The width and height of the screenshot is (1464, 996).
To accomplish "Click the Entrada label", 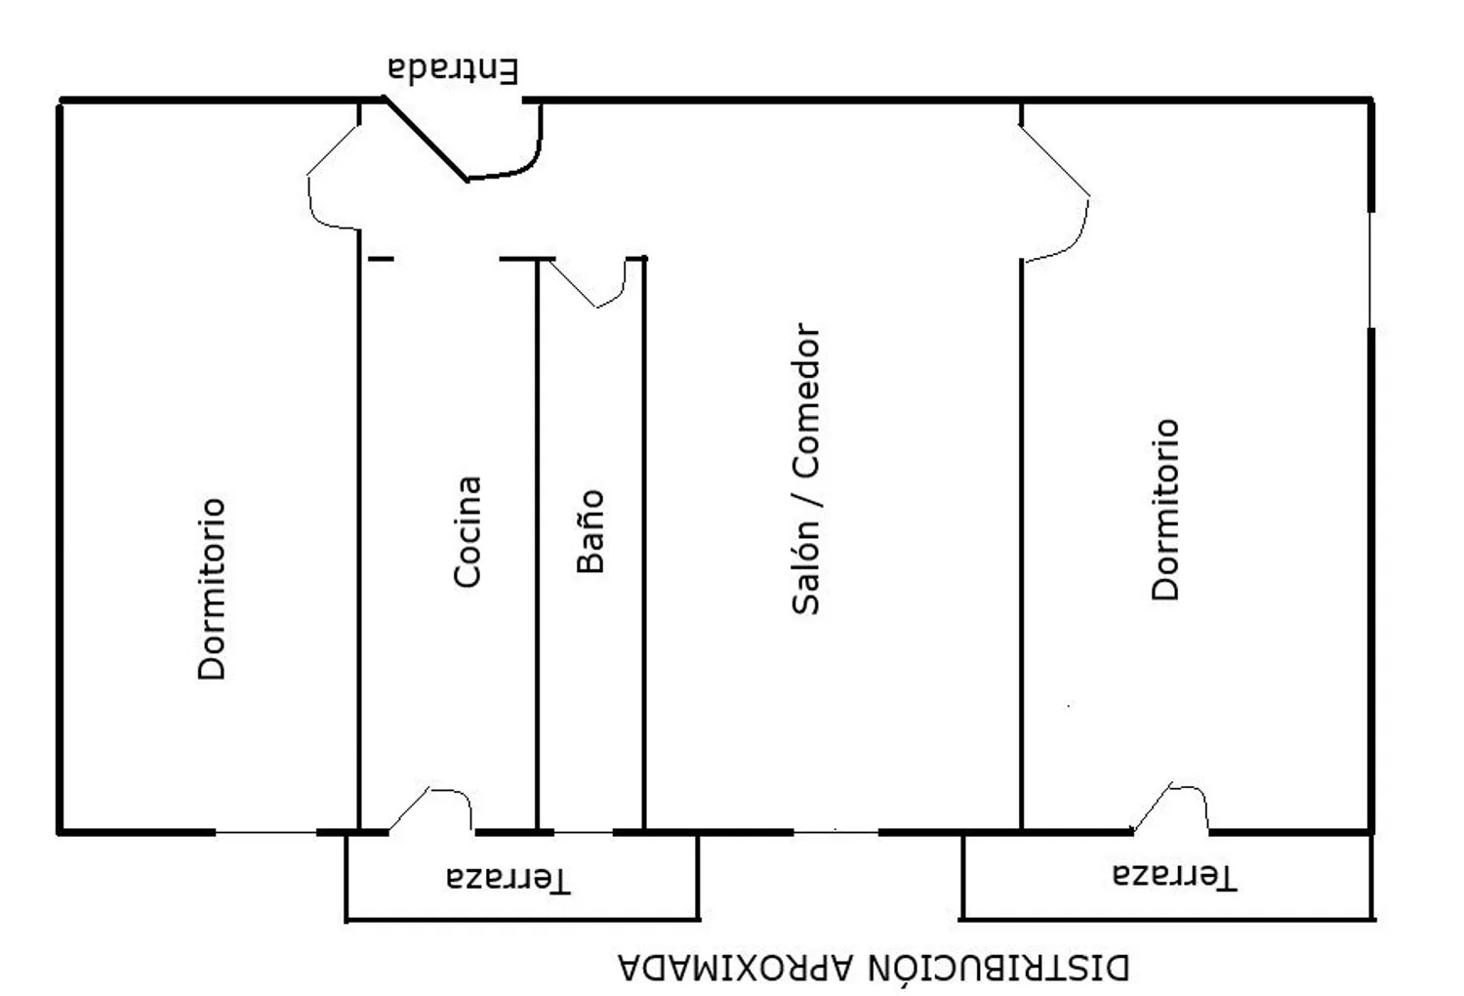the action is (453, 70).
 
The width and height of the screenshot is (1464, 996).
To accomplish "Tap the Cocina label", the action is (468, 531).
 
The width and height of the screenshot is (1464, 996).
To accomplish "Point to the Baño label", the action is (590, 531).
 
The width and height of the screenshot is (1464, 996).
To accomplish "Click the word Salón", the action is (805, 566).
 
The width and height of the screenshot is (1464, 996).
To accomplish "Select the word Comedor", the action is (805, 400).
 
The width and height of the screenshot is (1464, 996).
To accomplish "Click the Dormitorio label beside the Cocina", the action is (212, 589).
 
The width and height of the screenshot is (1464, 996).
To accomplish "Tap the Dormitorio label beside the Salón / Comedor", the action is (1165, 510).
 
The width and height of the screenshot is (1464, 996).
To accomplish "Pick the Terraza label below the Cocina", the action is (508, 878).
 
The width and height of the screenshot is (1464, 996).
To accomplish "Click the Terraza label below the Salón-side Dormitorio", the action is (1174, 876).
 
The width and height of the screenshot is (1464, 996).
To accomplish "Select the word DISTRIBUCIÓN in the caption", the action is (999, 967).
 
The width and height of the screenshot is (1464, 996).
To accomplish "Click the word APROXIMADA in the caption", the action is (736, 968).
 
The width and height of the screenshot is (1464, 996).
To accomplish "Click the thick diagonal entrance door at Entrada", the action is (427, 139).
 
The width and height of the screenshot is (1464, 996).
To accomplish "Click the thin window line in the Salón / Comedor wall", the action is (835, 833).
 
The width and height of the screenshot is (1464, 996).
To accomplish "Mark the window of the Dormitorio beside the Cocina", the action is (266, 833).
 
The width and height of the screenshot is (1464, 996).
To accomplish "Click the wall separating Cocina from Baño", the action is (537, 546).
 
